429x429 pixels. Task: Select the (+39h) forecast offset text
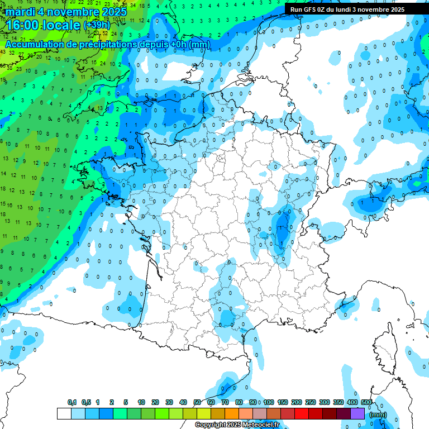(97, 26)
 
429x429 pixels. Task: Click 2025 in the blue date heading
(114, 12)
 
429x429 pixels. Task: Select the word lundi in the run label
(349, 9)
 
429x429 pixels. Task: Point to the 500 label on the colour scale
(366, 403)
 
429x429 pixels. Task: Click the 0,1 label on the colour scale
(72, 403)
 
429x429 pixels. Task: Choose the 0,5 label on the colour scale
(86, 403)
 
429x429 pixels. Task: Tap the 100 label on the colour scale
(269, 403)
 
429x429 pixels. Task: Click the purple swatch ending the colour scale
(357, 414)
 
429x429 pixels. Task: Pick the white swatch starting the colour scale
(64, 414)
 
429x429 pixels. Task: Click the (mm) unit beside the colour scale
(378, 414)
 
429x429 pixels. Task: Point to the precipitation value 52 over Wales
(104, 49)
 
